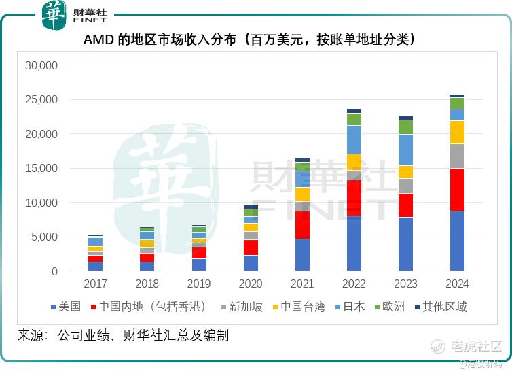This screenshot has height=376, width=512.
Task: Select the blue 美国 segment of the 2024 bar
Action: [x=457, y=241]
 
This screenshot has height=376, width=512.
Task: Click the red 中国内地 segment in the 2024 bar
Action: [x=457, y=190]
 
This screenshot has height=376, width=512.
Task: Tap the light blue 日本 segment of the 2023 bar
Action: [x=405, y=150]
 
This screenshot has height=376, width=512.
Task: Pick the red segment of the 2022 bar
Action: [x=354, y=197]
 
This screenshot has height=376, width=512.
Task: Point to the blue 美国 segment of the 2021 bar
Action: [x=302, y=255]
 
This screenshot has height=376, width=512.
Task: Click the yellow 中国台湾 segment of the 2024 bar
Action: [x=457, y=132]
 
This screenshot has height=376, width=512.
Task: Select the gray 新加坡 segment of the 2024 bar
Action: [x=457, y=156]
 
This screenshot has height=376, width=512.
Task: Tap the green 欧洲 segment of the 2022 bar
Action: [x=354, y=119]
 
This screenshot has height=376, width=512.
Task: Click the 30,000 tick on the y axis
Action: [x=41, y=66]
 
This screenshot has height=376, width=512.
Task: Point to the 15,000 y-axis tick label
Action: [x=41, y=169]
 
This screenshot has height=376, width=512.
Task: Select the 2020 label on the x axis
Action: [x=251, y=284]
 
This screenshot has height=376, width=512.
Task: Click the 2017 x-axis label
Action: [x=96, y=284]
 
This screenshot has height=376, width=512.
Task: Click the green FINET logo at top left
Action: [x=54, y=15]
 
